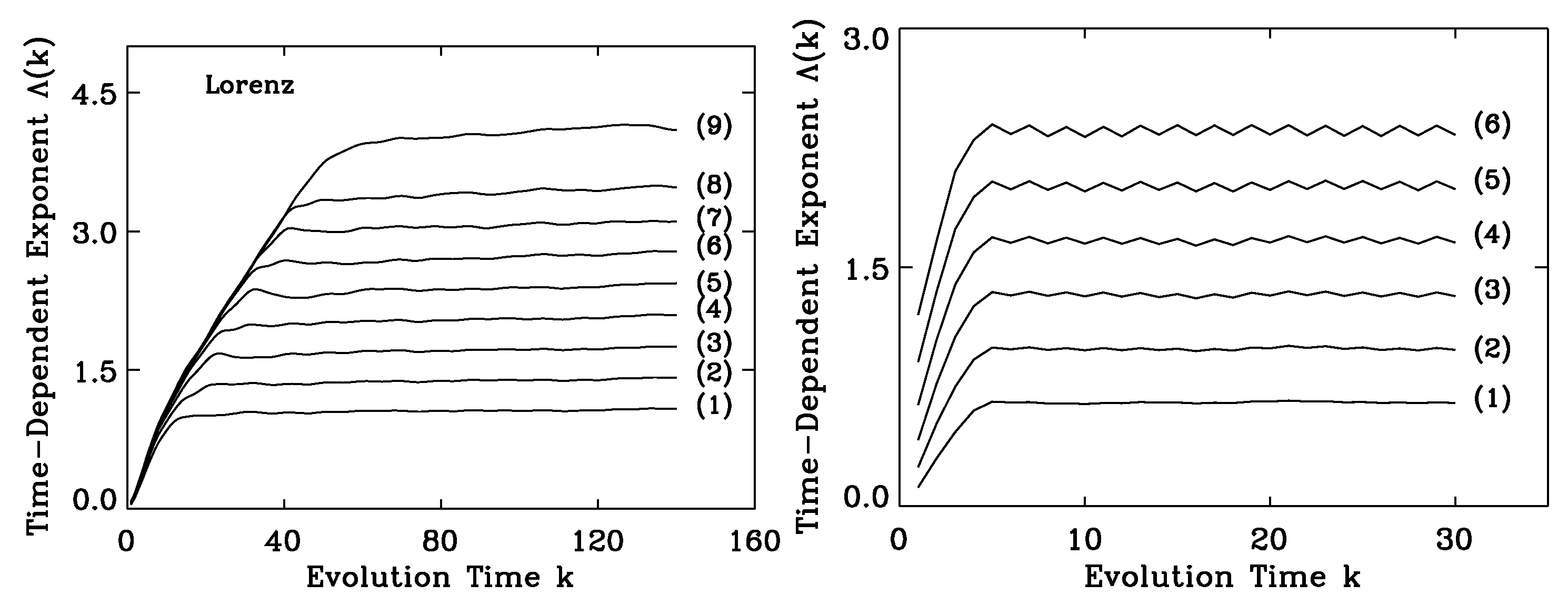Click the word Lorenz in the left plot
[249, 86]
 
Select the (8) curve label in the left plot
[714, 185]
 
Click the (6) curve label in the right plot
[1492, 125]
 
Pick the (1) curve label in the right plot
[1492, 399]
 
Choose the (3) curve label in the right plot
[1492, 290]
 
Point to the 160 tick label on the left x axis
[755, 540]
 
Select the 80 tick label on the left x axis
[441, 540]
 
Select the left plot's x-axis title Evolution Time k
[440, 577]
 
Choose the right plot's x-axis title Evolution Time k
[1222, 577]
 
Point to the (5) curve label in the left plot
[714, 283]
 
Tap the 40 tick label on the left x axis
[284, 540]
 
